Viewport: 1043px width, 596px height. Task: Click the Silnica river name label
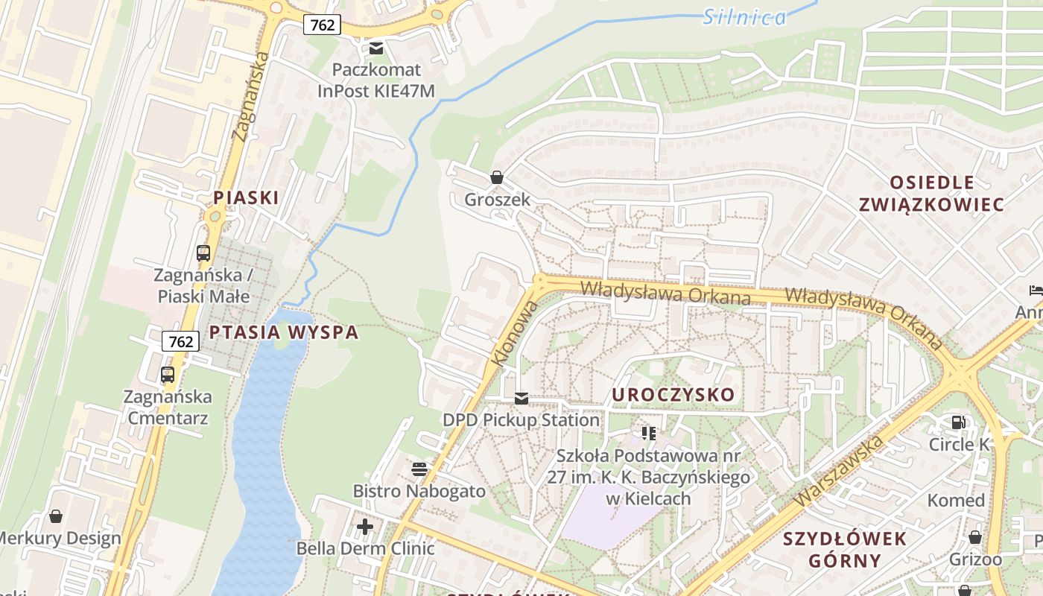(x=744, y=17)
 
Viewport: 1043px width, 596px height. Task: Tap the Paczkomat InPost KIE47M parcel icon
(x=376, y=48)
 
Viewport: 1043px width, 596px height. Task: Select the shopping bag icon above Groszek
(x=497, y=177)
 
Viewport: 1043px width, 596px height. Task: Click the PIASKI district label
(x=246, y=197)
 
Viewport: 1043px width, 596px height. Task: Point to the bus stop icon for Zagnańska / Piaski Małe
(x=203, y=253)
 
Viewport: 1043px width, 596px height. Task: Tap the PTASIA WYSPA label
(x=284, y=332)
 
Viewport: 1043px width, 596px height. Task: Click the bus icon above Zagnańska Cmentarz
(x=168, y=374)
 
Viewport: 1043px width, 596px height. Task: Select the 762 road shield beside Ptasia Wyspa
(x=180, y=341)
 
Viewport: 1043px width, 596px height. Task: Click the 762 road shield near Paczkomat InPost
(x=322, y=25)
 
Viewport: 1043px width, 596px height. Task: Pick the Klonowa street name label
(x=514, y=333)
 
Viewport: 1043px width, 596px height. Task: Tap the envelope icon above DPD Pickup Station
(x=521, y=399)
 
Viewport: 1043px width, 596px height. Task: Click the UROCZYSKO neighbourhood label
(x=673, y=394)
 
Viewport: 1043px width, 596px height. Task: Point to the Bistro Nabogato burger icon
(x=419, y=469)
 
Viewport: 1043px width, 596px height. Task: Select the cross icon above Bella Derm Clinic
(x=365, y=527)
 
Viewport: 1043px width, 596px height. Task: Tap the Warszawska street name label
(x=839, y=471)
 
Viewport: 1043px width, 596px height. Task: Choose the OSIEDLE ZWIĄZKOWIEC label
(x=931, y=193)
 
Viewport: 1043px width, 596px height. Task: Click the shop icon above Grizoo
(x=975, y=537)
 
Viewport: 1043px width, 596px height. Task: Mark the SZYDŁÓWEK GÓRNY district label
(x=845, y=549)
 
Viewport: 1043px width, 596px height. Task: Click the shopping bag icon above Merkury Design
(x=56, y=516)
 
